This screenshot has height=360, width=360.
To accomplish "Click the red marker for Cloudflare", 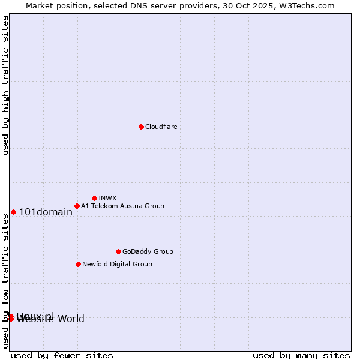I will [141, 127].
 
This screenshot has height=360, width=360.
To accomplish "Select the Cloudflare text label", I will [161, 127].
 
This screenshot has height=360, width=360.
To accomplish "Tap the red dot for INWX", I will [94, 198].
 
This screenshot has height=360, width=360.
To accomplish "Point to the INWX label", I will [107, 198].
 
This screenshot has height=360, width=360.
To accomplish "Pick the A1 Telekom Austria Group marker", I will [77, 206].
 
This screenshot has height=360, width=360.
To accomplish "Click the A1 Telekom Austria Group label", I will [122, 206].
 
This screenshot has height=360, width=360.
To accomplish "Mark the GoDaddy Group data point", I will [118, 251].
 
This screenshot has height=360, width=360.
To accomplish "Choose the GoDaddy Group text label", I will [148, 251].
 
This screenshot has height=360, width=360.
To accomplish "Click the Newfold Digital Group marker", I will [78, 264].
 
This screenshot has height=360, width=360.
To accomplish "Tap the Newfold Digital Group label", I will [117, 264].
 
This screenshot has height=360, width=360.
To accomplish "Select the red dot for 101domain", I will [13, 212].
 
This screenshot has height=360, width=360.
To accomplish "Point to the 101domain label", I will [46, 212].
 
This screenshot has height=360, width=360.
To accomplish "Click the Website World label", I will [50, 319].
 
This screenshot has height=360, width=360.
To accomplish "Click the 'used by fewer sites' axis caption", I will [62, 355].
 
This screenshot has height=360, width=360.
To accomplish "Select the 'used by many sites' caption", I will [301, 355].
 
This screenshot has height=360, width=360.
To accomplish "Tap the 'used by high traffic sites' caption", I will [5, 85].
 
